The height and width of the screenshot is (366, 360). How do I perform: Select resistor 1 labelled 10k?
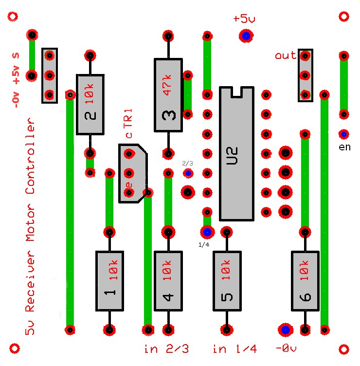point(109,281)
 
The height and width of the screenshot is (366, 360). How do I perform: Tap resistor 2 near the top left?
point(90,105)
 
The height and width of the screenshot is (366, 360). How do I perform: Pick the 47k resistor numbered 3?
point(168,95)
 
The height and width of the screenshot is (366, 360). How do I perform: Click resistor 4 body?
point(168,281)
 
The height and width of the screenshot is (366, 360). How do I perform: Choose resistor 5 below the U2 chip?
point(227,281)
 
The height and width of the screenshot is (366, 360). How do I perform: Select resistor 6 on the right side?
point(306,281)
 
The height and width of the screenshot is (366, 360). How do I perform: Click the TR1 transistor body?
point(132,173)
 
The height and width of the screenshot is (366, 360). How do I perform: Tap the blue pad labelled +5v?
point(246,36)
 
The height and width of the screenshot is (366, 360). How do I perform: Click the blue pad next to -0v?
point(285,329)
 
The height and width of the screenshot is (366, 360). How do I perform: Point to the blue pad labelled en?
point(344,134)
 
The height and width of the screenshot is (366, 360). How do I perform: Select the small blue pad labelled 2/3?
point(188,173)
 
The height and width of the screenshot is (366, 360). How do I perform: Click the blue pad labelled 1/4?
point(207,232)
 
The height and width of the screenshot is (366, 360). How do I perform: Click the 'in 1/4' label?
point(234,349)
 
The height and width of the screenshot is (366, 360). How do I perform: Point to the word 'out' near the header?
point(286,55)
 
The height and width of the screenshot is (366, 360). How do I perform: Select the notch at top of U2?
point(236,91)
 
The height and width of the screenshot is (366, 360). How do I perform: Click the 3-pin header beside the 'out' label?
point(306,75)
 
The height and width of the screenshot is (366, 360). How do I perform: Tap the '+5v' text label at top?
point(244,19)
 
